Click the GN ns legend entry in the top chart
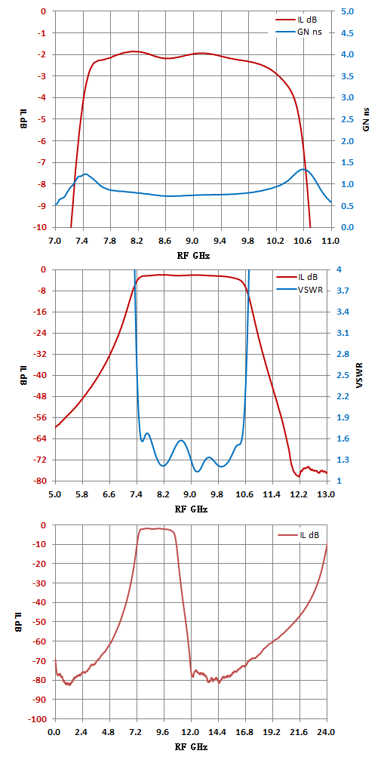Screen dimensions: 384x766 point(298,32)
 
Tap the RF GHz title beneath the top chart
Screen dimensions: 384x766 point(193,255)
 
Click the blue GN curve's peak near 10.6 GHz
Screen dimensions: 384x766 point(303,169)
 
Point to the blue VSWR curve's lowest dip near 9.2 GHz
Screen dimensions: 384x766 point(198,472)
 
